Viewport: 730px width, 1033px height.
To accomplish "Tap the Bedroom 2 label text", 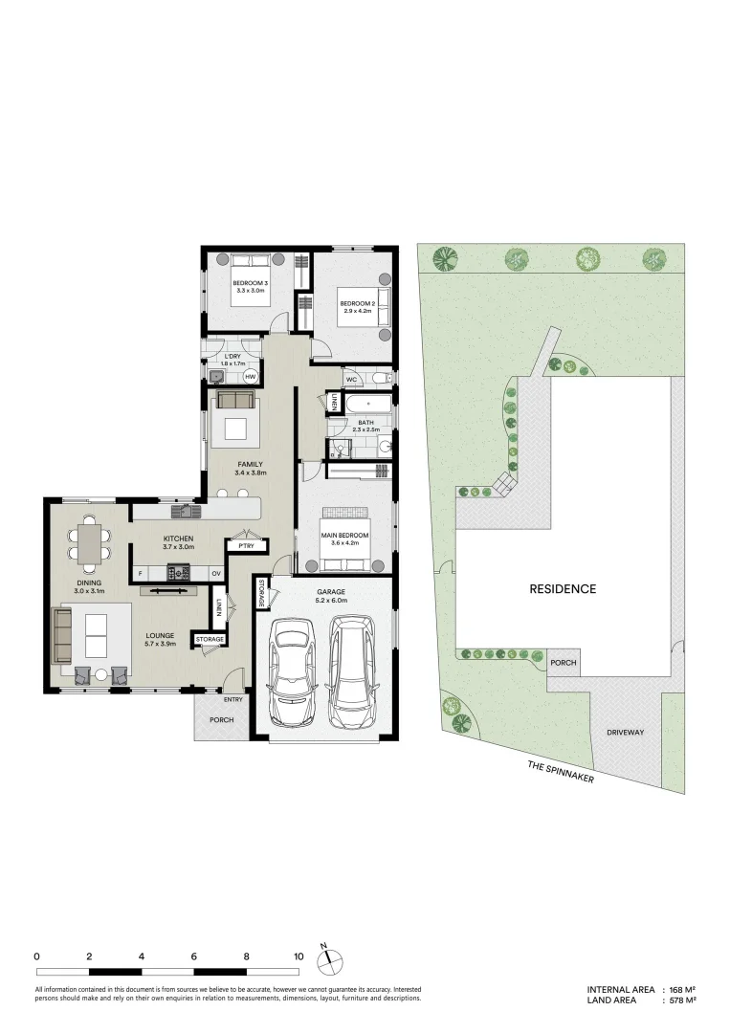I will point(356,303).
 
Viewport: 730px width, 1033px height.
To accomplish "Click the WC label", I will point(351,379).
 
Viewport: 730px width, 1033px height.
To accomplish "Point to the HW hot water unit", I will point(250,377).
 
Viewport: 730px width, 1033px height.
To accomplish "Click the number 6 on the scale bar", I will point(194,956).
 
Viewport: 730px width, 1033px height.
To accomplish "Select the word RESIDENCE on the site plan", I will point(563,589).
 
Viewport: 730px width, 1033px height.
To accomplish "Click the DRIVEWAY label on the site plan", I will point(626,733).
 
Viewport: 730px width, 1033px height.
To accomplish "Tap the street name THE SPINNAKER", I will point(561,772).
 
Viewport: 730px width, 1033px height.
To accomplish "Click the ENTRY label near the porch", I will point(232,699).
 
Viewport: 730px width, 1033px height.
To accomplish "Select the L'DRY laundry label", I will point(233,357).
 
